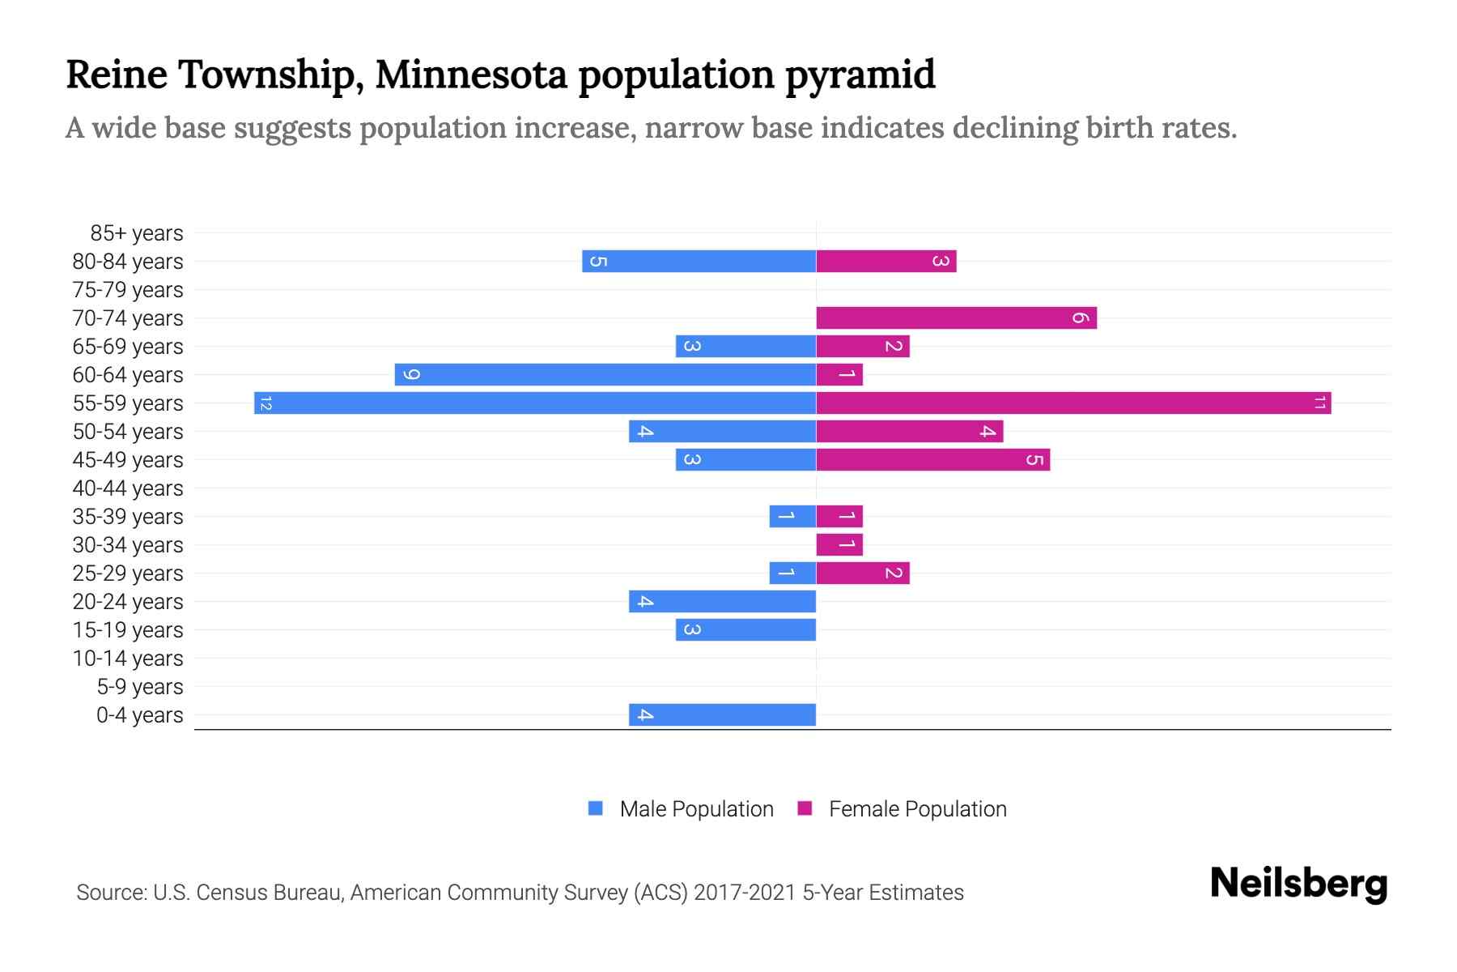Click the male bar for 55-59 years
pyautogui.click(x=534, y=403)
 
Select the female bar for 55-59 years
pyautogui.click(x=1073, y=403)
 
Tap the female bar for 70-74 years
pyautogui.click(x=956, y=318)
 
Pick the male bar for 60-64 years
pyautogui.click(x=605, y=374)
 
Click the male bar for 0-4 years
pyautogui.click(x=722, y=714)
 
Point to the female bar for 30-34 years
pyautogui.click(x=839, y=544)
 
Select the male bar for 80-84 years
pyautogui.click(x=699, y=261)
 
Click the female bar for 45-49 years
pyautogui.click(x=932, y=459)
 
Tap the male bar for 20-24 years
pyautogui.click(x=722, y=601)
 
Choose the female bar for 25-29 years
pyautogui.click(x=863, y=573)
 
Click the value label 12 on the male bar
pyautogui.click(x=265, y=403)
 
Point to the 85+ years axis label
pyautogui.click(x=137, y=233)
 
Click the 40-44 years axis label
pyautogui.click(x=128, y=488)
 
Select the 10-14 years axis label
pyautogui.click(x=128, y=659)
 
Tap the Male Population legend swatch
pyautogui.click(x=596, y=808)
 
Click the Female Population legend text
pyautogui.click(x=917, y=809)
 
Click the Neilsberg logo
pyautogui.click(x=1298, y=884)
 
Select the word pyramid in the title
pyautogui.click(x=860, y=75)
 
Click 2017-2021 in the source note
pyautogui.click(x=745, y=893)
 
